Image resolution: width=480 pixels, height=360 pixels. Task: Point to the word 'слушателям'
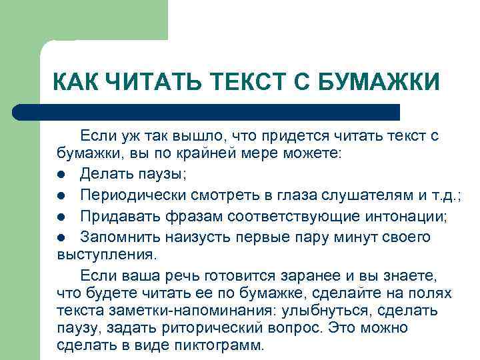pos(361,195)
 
